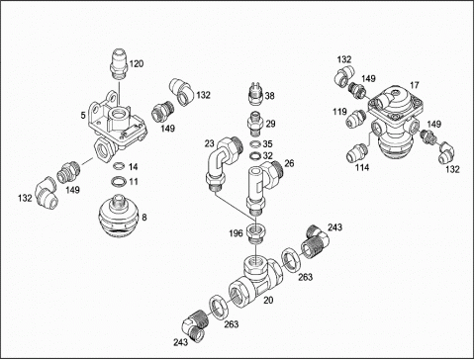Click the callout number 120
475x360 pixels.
pos(137,63)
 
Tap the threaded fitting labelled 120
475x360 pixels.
pos(119,64)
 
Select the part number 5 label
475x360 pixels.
pos(83,116)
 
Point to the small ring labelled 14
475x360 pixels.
pos(119,166)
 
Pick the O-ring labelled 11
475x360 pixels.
pos(119,181)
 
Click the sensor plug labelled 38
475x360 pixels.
pos(256,94)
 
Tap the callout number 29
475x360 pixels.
pos(270,124)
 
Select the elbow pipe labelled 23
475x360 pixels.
pos(222,163)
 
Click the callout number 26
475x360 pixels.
pos(289,163)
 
